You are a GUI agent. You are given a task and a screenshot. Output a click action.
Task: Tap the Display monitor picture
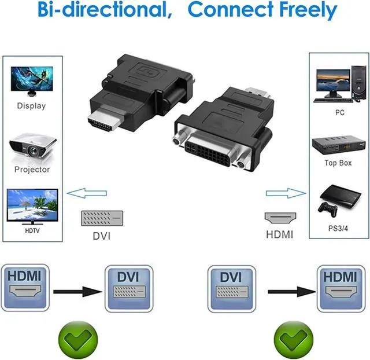[x=31, y=81]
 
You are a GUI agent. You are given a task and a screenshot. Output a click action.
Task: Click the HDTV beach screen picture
[x=32, y=207]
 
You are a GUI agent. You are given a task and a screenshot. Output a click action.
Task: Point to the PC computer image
[x=338, y=85]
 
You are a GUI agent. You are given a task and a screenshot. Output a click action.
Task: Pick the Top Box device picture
[x=338, y=145]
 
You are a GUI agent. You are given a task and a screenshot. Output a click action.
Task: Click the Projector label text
[x=32, y=170]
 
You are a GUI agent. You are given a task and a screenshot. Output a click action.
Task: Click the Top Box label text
[x=338, y=163]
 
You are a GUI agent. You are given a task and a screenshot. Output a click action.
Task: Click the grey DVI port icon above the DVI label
[x=101, y=218]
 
